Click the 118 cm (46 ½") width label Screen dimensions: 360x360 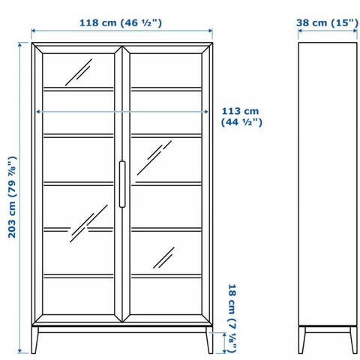click(x=121, y=22)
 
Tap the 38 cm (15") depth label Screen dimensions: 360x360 click(x=327, y=22)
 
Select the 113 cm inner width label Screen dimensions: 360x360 click(x=241, y=116)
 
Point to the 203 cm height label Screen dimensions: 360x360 click(x=13, y=197)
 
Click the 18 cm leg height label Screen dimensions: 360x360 click(x=232, y=318)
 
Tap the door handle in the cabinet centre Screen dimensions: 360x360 click(x=122, y=184)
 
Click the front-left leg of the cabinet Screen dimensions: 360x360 click(x=34, y=340)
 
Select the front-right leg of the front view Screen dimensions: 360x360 click(x=209, y=340)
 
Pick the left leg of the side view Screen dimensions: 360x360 click(x=301, y=340)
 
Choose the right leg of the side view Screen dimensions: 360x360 click(x=353, y=340)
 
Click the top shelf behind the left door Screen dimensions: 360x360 click(x=79, y=89)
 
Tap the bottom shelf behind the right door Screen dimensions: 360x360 click(x=166, y=276)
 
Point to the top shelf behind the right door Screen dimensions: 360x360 click(x=166, y=89)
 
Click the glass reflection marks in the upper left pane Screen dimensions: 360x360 click(x=79, y=72)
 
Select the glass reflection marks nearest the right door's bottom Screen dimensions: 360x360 click(x=163, y=258)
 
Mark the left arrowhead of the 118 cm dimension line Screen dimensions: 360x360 click(x=33, y=31)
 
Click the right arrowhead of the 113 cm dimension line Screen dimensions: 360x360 click(x=206, y=112)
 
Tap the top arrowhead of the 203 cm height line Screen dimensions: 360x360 click(x=20, y=45)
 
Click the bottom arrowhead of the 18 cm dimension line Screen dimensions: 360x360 click(x=224, y=351)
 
